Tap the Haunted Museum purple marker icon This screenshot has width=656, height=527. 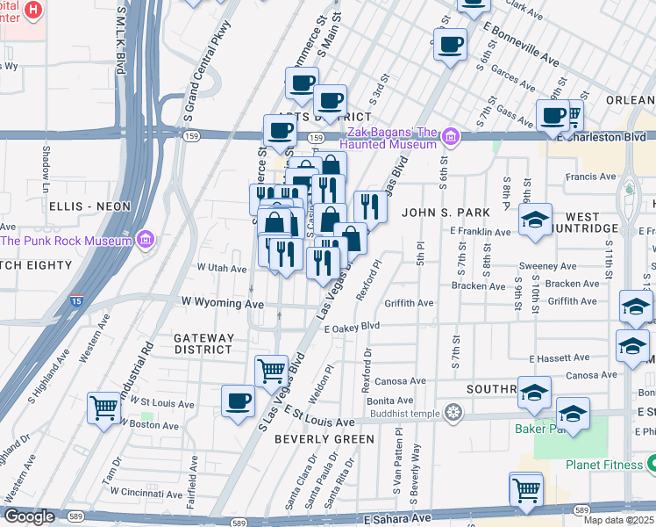tap(451, 136)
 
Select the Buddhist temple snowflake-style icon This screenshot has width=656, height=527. tap(453, 412)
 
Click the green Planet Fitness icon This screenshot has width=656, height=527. tap(651, 462)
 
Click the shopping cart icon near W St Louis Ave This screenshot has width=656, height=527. tap(103, 408)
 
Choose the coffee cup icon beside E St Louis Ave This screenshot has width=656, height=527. tap(238, 401)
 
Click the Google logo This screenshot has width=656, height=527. tap(29, 516)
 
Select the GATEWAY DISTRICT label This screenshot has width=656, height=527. tap(203, 343)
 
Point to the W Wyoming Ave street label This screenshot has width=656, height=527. tap(222, 303)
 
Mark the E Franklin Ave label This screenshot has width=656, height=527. tap(480, 233)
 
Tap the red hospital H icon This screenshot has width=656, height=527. tap(33, 10)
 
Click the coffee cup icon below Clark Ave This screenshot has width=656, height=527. tap(450, 43)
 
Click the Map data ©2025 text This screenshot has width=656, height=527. tap(618, 520)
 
